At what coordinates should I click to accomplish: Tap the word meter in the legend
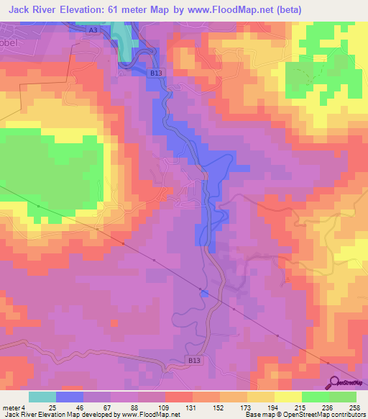(10, 407)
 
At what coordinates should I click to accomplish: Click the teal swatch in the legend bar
(42, 397)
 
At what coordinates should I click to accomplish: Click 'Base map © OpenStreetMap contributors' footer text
(305, 415)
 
